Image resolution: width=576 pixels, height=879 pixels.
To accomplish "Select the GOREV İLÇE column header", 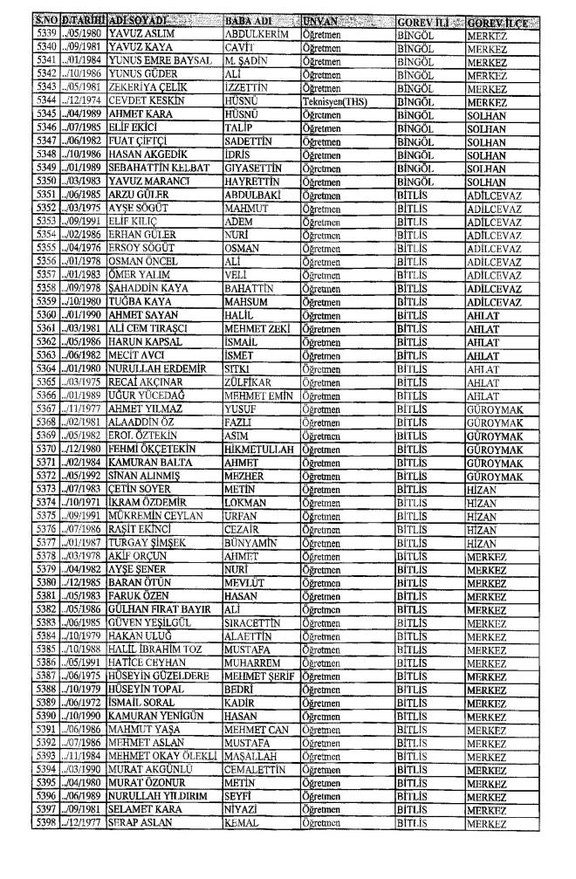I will [500, 21].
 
